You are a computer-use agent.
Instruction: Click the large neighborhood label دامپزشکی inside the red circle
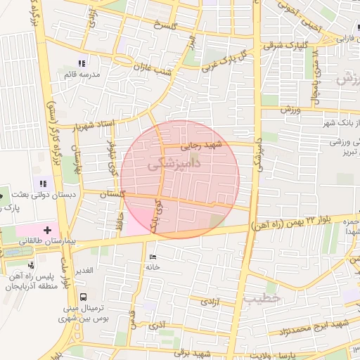(x=175, y=162)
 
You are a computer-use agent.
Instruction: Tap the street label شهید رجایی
(x=201, y=146)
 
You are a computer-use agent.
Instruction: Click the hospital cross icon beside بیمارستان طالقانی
(x=48, y=229)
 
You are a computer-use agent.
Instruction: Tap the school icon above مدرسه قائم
(x=82, y=64)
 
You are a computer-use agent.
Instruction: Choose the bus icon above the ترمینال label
(x=84, y=297)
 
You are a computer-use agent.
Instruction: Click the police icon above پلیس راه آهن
(x=30, y=265)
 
